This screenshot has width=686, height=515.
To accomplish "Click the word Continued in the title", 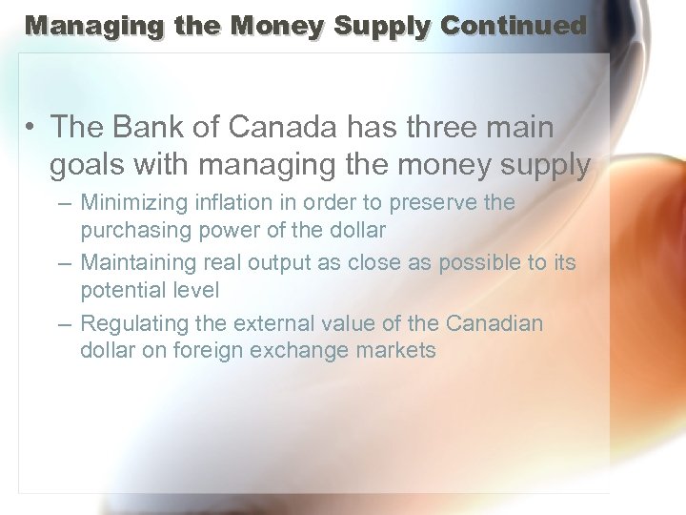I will tap(514, 26).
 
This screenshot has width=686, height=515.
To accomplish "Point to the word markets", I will tap(395, 350).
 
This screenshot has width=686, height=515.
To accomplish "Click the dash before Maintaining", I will tap(64, 262).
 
